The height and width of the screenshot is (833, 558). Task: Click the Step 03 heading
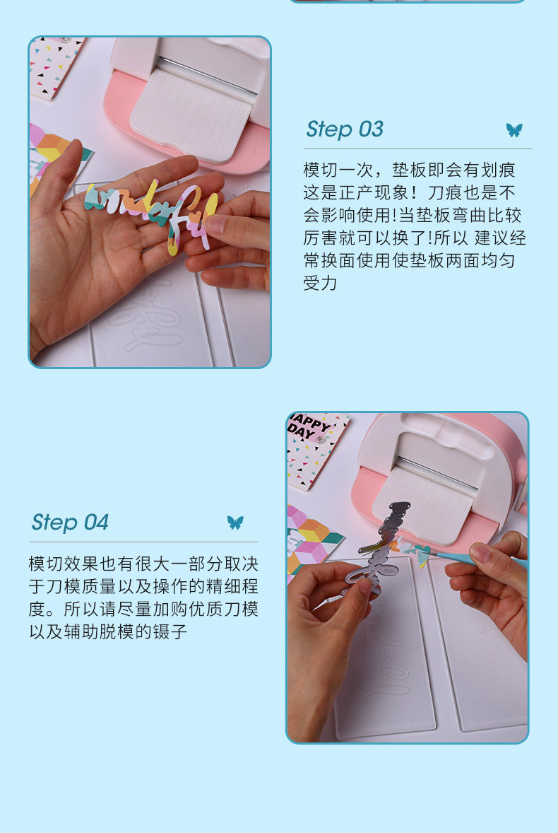click(345, 129)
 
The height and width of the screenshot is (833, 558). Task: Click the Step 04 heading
click(70, 523)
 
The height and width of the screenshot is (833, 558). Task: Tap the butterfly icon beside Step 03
click(514, 130)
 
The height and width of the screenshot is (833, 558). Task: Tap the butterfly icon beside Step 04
click(235, 523)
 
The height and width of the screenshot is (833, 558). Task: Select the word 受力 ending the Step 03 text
click(321, 284)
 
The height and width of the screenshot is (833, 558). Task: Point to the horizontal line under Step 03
click(418, 148)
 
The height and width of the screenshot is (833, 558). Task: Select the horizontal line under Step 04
click(144, 542)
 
